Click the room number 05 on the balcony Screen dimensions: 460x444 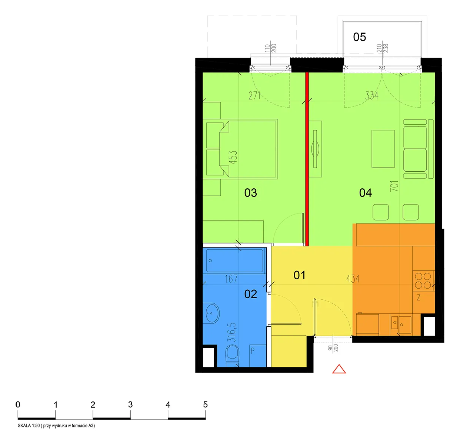pyautogui.click(x=359, y=37)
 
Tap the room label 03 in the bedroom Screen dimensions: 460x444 pyautogui.click(x=250, y=193)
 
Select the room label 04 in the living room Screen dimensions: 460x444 pyautogui.click(x=365, y=193)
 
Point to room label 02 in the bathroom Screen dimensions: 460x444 pyautogui.click(x=250, y=294)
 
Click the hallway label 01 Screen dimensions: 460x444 pyautogui.click(x=299, y=275)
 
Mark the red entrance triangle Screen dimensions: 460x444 pyautogui.click(x=339, y=369)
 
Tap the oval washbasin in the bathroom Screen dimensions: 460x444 pyautogui.click(x=212, y=313)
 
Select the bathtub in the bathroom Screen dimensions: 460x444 pyautogui.click(x=234, y=260)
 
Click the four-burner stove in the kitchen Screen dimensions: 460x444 pyautogui.click(x=423, y=281)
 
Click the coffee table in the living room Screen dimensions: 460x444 pyautogui.click(x=383, y=149)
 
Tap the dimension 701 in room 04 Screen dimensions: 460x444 pyautogui.click(x=394, y=186)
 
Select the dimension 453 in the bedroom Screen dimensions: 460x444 pyautogui.click(x=233, y=157)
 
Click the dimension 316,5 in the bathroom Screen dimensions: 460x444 pyautogui.click(x=232, y=332)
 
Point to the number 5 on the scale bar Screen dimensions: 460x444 pyautogui.click(x=205, y=404)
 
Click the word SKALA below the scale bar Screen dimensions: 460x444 pyautogui.click(x=24, y=425)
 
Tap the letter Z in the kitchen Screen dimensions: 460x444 pyautogui.click(x=419, y=297)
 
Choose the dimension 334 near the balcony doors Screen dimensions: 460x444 pyautogui.click(x=371, y=96)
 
